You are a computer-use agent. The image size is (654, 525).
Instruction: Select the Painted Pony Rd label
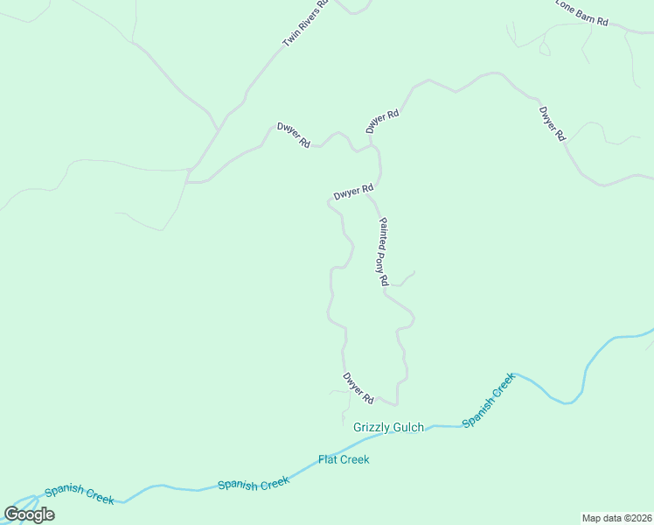click(x=382, y=252)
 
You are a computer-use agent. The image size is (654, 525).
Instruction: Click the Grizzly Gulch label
click(x=388, y=428)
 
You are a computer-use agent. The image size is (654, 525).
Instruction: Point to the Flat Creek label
click(x=344, y=459)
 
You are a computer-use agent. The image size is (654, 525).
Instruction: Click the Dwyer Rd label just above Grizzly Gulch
click(x=358, y=388)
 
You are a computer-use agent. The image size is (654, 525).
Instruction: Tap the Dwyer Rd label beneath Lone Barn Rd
click(x=553, y=124)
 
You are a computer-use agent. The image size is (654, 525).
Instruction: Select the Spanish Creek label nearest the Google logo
click(x=79, y=494)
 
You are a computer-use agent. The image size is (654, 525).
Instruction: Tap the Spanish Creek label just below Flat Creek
click(x=253, y=484)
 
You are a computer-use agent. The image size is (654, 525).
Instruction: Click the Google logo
click(x=29, y=514)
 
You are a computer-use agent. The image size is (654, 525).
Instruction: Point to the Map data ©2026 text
click(x=616, y=518)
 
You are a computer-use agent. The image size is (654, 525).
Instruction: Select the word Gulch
click(x=408, y=428)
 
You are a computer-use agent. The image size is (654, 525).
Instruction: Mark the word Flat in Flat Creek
click(x=327, y=459)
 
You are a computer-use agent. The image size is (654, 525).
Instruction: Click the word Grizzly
click(x=372, y=428)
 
